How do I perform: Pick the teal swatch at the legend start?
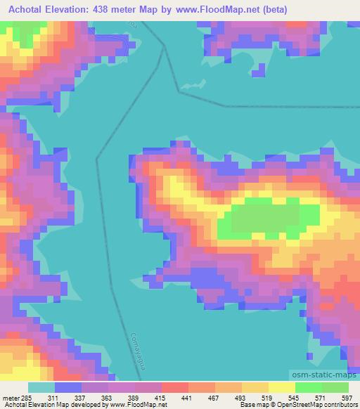[x=41, y=387]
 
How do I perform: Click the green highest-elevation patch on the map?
[x=267, y=218]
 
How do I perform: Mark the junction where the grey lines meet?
[x=165, y=47]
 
